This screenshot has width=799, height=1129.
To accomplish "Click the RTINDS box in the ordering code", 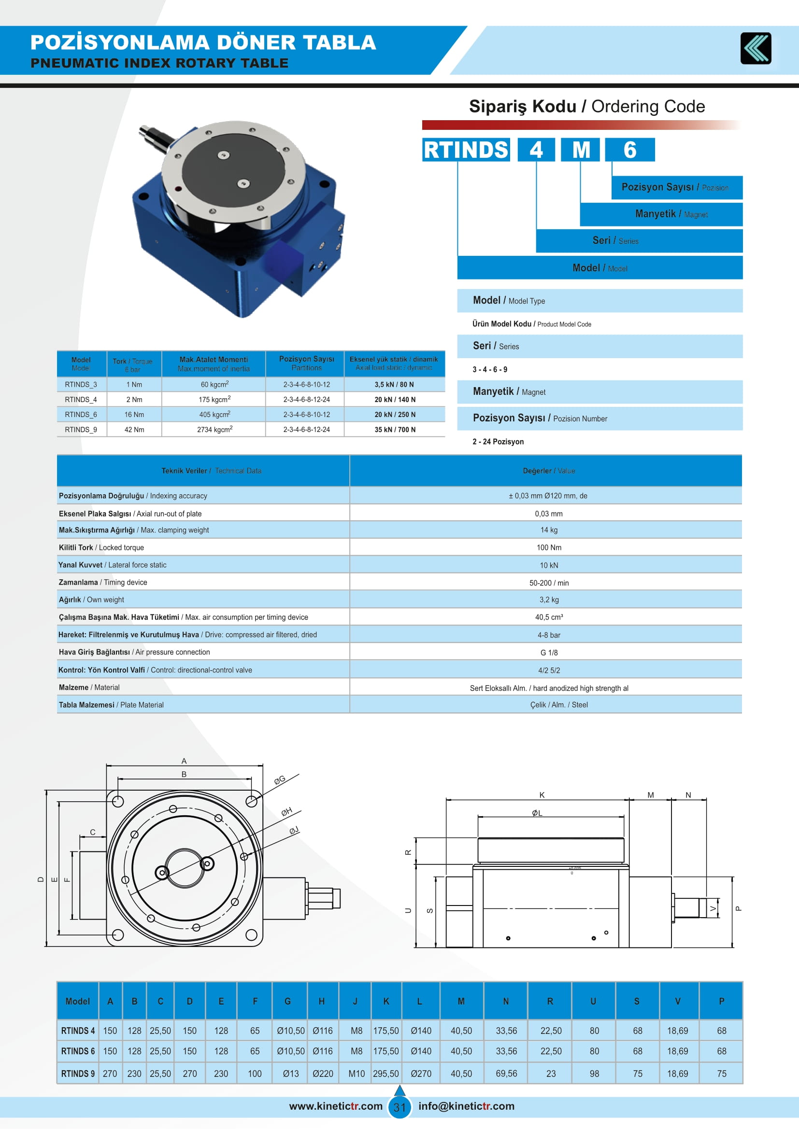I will (465, 150).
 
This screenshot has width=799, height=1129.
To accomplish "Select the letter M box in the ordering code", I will (581, 150).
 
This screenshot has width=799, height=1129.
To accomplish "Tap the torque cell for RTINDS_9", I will (134, 429).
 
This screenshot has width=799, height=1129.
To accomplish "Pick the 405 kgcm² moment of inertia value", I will (214, 415).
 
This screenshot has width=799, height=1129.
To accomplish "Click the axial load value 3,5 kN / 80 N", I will (394, 385).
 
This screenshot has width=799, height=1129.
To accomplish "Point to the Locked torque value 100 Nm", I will (549, 547).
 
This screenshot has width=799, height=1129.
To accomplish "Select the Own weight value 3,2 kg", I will (549, 599).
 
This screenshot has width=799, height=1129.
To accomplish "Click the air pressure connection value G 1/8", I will (549, 653).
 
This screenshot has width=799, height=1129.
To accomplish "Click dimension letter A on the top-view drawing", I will (184, 761).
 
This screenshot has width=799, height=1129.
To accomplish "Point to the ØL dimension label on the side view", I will (537, 813).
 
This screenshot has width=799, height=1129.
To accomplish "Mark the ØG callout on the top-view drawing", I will (279, 780).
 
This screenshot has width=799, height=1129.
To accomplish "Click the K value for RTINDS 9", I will (385, 1073).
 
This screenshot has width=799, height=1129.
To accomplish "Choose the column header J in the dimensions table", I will (355, 1001).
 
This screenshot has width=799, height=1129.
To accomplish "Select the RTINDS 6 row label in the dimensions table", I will (78, 1051).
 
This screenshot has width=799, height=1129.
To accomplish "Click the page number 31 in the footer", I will (399, 1107).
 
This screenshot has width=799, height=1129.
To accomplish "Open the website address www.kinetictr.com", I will (336, 1106).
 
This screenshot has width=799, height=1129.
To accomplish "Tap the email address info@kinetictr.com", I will (466, 1106).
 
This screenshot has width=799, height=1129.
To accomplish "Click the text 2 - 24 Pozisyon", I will (498, 442).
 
